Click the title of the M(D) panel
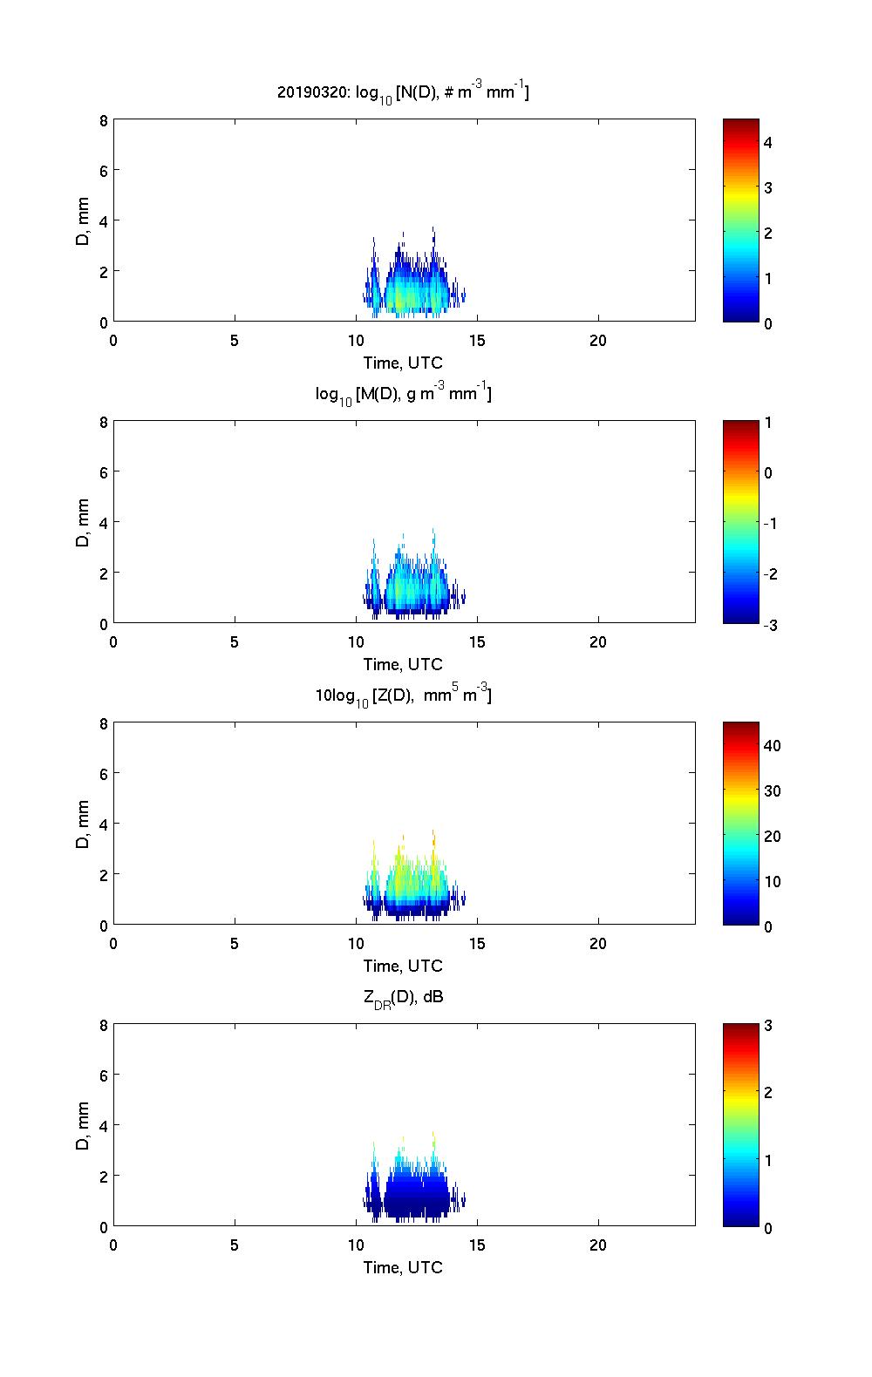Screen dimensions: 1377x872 tap(403, 395)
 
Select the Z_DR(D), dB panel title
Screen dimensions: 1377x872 tap(403, 998)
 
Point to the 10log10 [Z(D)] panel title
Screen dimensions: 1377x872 tap(403, 696)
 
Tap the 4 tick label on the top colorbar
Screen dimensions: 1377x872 tap(768, 142)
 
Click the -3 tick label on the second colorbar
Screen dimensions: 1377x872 tap(767, 625)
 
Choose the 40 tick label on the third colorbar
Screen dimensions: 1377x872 tap(772, 746)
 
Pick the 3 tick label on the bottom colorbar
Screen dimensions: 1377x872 tap(768, 1026)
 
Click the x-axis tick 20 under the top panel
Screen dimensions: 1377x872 tap(598, 341)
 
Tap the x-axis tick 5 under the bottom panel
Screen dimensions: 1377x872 tap(235, 1245)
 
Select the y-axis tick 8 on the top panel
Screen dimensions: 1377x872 tap(103, 120)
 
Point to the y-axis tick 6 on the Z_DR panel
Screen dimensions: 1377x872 tap(103, 1075)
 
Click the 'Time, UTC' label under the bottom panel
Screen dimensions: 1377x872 tap(403, 1268)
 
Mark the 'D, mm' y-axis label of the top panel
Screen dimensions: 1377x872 tap(84, 220)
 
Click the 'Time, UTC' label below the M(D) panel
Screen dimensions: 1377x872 tap(403, 665)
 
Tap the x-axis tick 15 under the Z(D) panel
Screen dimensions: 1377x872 tap(477, 944)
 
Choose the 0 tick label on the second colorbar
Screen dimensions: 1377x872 tap(768, 473)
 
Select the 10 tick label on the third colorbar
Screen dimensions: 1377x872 tap(772, 882)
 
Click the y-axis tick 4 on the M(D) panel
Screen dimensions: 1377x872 tap(103, 522)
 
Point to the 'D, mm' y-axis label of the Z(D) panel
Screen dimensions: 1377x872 tap(84, 824)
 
